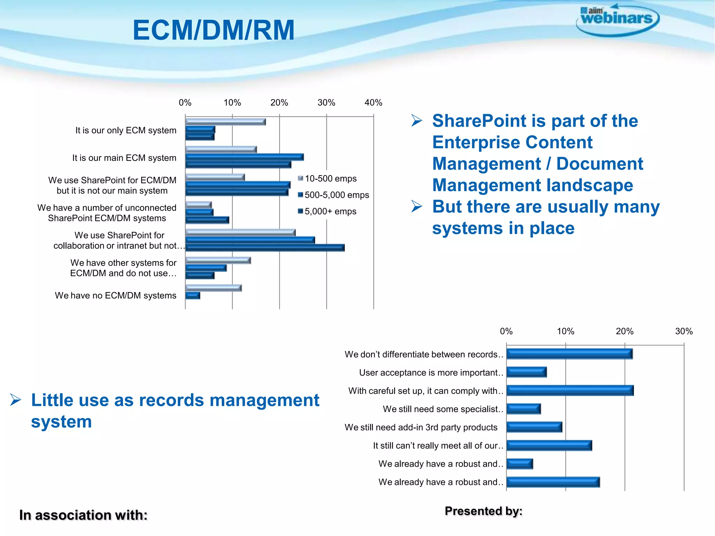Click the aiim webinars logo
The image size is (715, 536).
(617, 19)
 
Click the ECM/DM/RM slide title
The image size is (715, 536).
(214, 30)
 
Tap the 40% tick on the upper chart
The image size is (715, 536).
(373, 103)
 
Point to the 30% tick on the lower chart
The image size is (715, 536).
(684, 331)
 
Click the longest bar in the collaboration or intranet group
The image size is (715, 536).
(265, 248)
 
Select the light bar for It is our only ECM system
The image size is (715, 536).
(225, 122)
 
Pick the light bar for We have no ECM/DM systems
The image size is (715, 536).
(213, 288)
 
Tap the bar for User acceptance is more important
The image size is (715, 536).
(526, 372)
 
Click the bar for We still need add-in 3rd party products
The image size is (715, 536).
(534, 427)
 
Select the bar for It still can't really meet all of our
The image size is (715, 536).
(549, 446)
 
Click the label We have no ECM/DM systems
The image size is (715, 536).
(116, 296)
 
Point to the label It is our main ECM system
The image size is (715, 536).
(124, 158)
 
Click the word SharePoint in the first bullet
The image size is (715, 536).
(479, 121)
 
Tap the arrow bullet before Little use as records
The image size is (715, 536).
(16, 400)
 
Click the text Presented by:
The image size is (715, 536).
(483, 511)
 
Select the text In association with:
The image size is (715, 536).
(83, 515)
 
